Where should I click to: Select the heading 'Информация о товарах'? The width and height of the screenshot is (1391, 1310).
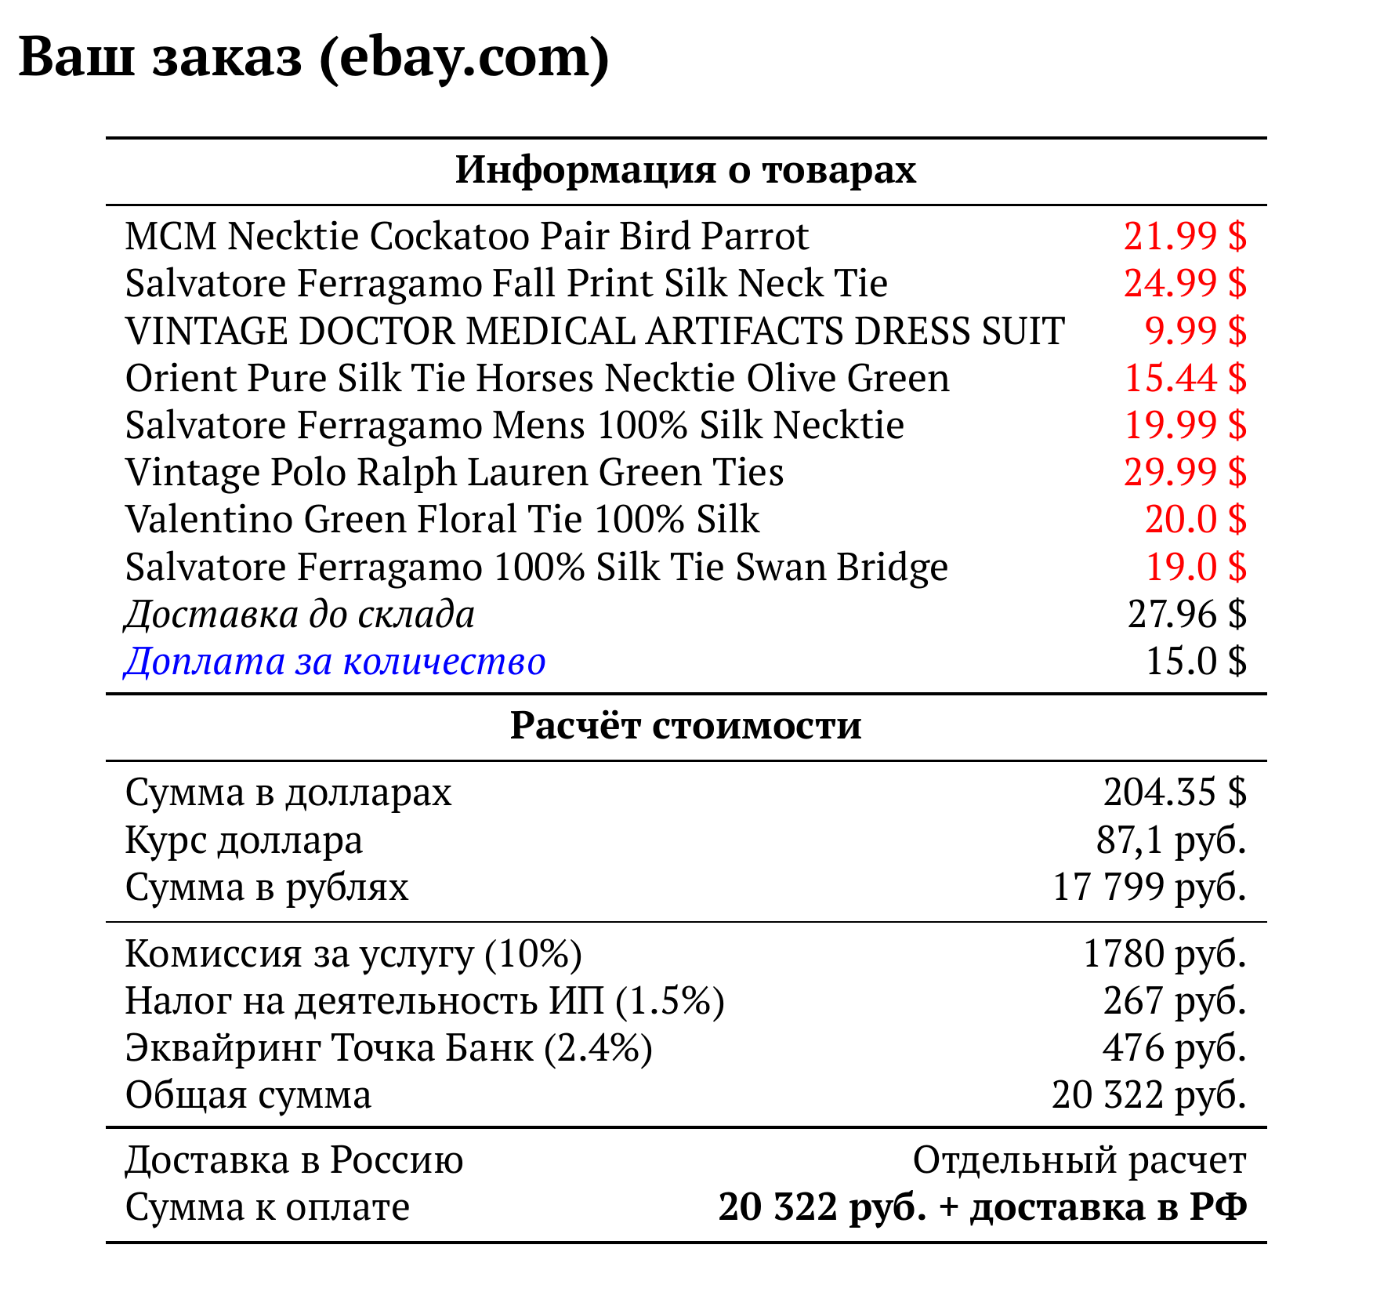pyautogui.click(x=686, y=169)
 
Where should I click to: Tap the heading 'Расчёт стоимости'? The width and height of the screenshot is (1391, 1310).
pyautogui.click(x=686, y=725)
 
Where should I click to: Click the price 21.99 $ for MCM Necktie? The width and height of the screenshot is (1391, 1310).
pyautogui.click(x=1184, y=236)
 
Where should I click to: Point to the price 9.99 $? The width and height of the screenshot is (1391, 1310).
pyautogui.click(x=1195, y=331)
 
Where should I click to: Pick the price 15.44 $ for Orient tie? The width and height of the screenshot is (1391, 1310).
pyautogui.click(x=1184, y=378)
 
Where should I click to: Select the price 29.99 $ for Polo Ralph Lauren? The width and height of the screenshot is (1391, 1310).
pyautogui.click(x=1184, y=472)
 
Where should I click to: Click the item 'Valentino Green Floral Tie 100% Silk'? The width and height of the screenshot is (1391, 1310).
pyautogui.click(x=442, y=519)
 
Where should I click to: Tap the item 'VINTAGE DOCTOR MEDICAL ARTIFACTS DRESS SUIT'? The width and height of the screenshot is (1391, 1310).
pyautogui.click(x=595, y=331)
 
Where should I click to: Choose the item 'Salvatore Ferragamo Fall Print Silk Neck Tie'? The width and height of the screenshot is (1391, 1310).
pyautogui.click(x=506, y=284)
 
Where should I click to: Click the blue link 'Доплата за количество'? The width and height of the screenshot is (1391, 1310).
pyautogui.click(x=335, y=661)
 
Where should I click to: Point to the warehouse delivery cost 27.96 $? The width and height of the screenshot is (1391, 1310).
pyautogui.click(x=1186, y=614)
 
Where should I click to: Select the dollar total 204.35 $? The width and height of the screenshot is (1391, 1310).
pyautogui.click(x=1174, y=792)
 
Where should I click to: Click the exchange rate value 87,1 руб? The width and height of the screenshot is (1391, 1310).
pyautogui.click(x=1171, y=840)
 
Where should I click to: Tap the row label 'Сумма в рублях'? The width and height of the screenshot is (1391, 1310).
pyautogui.click(x=267, y=887)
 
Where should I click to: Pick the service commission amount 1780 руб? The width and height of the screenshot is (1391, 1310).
pyautogui.click(x=1164, y=953)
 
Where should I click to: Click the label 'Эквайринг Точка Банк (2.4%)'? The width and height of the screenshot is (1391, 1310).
pyautogui.click(x=389, y=1047)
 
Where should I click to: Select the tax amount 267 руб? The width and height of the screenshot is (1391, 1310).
pyautogui.click(x=1174, y=1000)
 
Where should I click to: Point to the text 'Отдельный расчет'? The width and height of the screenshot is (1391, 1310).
pyautogui.click(x=1079, y=1159)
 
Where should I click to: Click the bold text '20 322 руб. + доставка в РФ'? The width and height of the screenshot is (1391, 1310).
pyautogui.click(x=982, y=1207)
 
